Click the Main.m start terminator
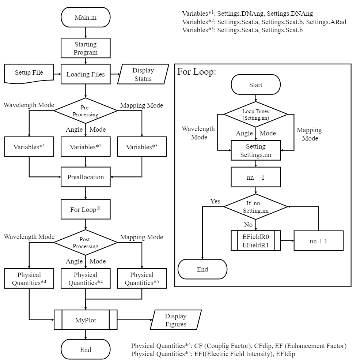(x=85, y=18)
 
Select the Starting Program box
(x=85, y=48)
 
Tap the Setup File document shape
(x=29, y=72)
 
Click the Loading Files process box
(x=85, y=74)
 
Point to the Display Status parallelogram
(x=143, y=74)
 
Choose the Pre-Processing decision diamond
(x=85, y=110)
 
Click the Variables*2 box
(x=85, y=147)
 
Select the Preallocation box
(x=85, y=177)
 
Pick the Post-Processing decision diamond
(x=85, y=242)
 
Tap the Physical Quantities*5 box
(x=142, y=279)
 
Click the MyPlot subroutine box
(x=85, y=320)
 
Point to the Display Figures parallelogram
(x=175, y=320)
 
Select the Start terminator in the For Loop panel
(x=255, y=85)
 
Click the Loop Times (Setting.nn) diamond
(x=255, y=114)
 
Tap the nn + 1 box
(x=319, y=240)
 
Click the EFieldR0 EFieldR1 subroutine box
(x=255, y=240)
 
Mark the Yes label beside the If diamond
(x=215, y=201)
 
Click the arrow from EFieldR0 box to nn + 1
(x=287, y=240)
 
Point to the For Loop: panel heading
(x=197, y=72)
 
